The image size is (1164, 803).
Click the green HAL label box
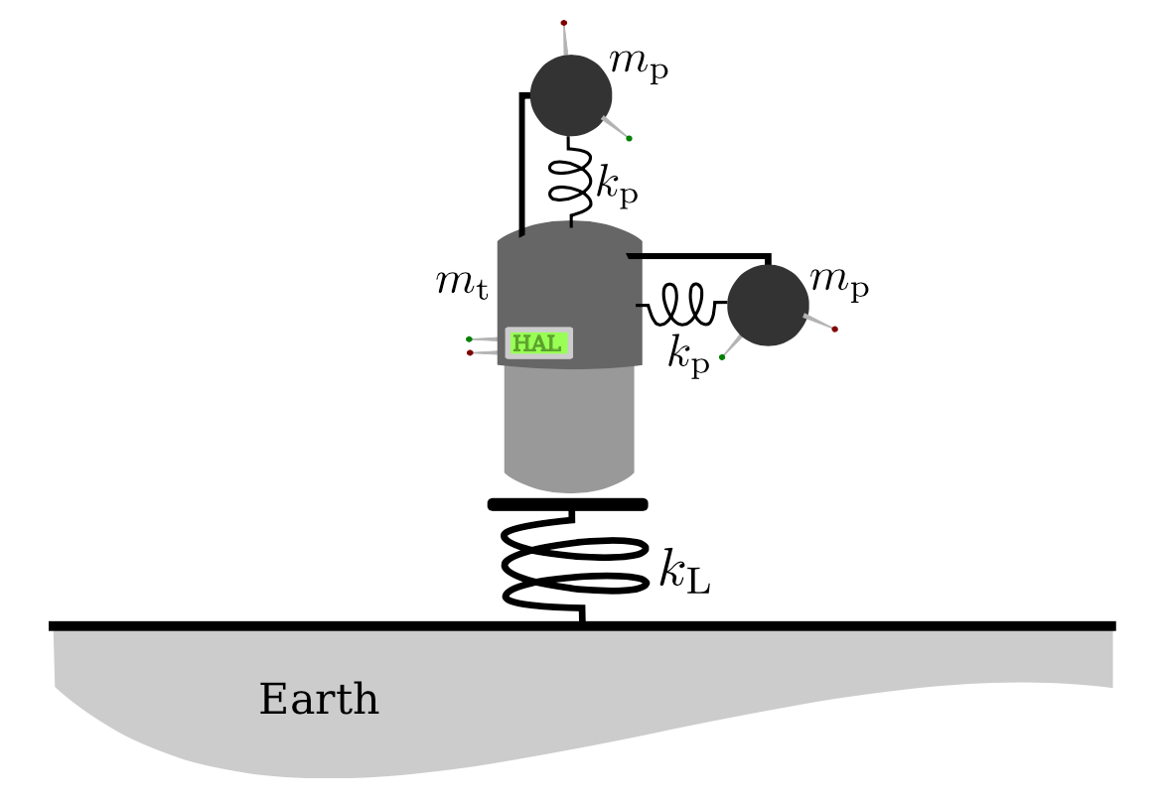(538, 343)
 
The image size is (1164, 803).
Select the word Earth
(319, 700)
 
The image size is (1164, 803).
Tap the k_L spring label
(684, 573)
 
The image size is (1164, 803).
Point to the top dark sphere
(571, 95)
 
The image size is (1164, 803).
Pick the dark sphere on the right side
(768, 306)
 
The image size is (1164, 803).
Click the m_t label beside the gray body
(462, 285)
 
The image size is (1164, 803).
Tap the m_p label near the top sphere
(639, 66)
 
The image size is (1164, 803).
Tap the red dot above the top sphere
(563, 22)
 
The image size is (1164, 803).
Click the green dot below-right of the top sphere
(629, 138)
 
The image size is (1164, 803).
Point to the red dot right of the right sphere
(834, 329)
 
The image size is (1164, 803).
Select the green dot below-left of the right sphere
(722, 357)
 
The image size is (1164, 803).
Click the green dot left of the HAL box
(469, 339)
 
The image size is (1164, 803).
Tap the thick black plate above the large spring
(568, 504)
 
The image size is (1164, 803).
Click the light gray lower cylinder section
(569, 427)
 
